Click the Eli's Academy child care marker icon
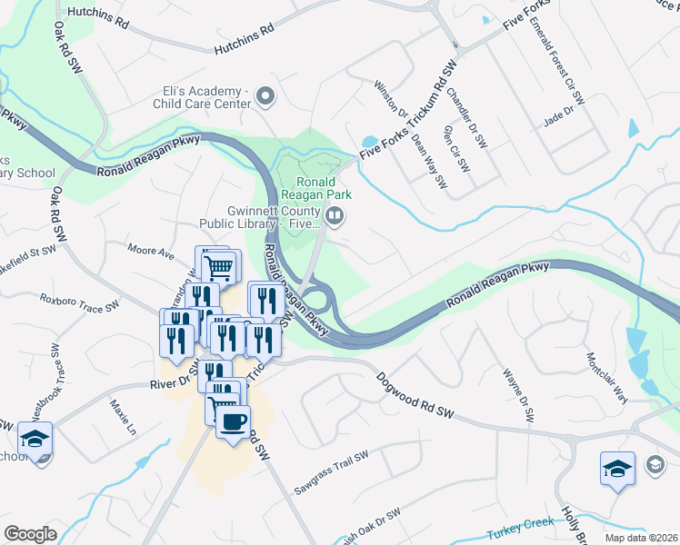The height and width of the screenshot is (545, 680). [266, 95]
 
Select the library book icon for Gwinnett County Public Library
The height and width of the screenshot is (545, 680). [335, 215]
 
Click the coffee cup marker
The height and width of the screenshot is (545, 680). [234, 421]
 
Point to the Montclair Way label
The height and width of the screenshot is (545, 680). [607, 377]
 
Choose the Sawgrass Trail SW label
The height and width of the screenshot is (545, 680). [331, 474]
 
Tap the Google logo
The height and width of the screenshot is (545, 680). [30, 534]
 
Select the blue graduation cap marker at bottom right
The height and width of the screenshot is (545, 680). [616, 469]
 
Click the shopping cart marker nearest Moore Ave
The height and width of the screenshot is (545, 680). [220, 267]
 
